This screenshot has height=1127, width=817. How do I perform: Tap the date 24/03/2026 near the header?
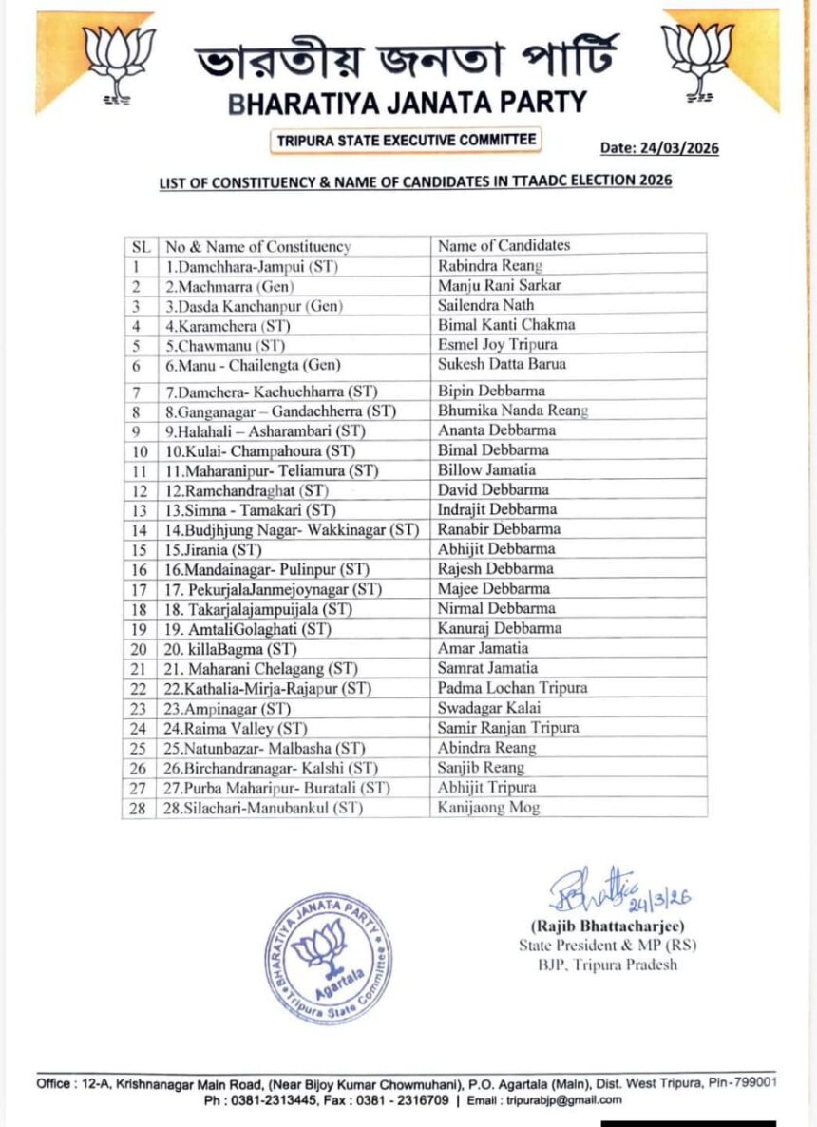(659, 148)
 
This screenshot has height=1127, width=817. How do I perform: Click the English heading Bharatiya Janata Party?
(408, 103)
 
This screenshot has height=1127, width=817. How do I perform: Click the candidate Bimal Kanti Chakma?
(506, 325)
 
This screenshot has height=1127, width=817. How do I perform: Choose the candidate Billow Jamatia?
(486, 470)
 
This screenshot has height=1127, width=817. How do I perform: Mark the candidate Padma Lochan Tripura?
(513, 687)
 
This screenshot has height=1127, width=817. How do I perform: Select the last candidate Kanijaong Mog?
(488, 808)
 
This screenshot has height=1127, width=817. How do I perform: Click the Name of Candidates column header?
(503, 246)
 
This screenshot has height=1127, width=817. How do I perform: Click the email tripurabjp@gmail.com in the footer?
(569, 1100)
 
